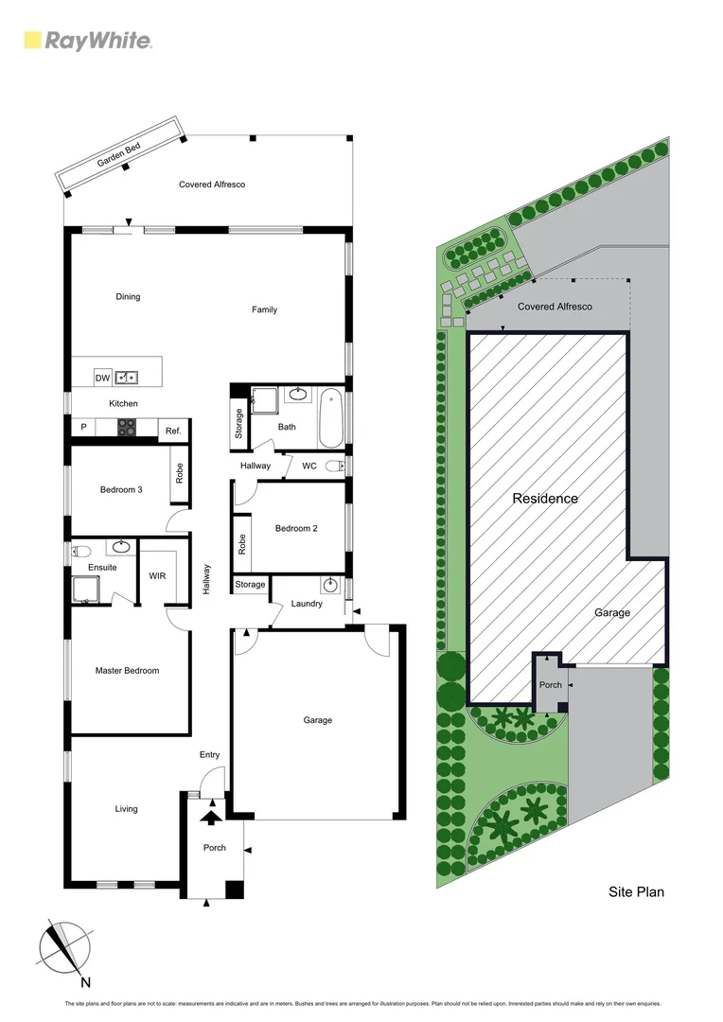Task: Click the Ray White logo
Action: [x=87, y=41]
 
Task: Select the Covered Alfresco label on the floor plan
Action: [x=212, y=185]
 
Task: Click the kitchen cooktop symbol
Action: [x=126, y=428]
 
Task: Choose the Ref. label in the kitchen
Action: [x=173, y=432]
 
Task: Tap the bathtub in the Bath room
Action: [x=330, y=418]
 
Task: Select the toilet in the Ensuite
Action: [x=81, y=549]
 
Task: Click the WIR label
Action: [x=158, y=574]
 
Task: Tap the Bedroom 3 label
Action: [x=121, y=489]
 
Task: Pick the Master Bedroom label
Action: [x=127, y=671]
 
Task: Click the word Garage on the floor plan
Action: [x=318, y=720]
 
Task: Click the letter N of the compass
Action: [x=86, y=982]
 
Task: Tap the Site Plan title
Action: [x=635, y=891]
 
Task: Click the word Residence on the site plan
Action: [x=545, y=499]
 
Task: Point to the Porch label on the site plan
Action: [x=550, y=685]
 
